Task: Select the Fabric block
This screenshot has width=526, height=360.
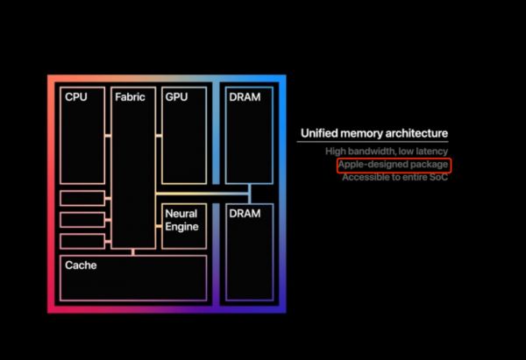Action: [133, 166]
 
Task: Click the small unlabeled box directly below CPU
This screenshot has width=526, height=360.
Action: [82, 198]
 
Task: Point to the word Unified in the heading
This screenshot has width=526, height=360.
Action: [321, 134]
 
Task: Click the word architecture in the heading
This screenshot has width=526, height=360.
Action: [415, 134]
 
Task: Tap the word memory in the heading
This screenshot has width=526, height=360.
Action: [361, 134]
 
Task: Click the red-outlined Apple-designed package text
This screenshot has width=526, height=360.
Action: [393, 165]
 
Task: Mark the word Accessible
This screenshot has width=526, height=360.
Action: [366, 177]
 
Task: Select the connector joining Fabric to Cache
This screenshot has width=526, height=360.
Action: [133, 252]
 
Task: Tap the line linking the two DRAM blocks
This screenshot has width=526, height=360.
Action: [249, 194]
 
